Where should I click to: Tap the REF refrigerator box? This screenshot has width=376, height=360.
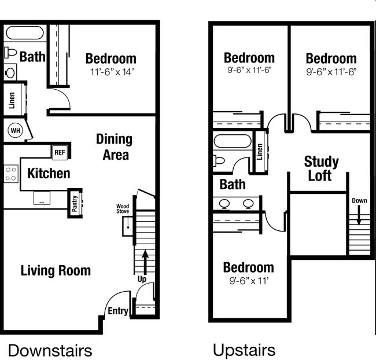point(60,152)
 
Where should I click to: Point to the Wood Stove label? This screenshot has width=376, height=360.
point(122,209)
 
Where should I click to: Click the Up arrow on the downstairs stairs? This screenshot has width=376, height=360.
point(145,258)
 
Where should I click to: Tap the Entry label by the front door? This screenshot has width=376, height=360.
point(117,311)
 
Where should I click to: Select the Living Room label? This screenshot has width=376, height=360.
point(56,270)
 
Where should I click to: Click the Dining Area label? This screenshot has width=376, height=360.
point(114,147)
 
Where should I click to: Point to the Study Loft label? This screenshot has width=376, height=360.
point(321,168)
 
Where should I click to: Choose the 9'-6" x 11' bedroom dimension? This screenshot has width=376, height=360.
point(248,281)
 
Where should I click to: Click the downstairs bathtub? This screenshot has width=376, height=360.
point(24,33)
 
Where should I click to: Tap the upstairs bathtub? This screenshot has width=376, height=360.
point(233,141)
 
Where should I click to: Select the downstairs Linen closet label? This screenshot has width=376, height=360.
point(12,101)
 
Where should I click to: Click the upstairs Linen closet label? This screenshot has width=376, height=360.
point(260,152)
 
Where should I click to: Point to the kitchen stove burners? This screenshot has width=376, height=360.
point(11,174)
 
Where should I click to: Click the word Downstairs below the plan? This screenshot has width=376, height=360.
point(50,350)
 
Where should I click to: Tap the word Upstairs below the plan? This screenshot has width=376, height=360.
point(244,350)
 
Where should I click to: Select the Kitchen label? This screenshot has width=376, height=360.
point(49,173)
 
